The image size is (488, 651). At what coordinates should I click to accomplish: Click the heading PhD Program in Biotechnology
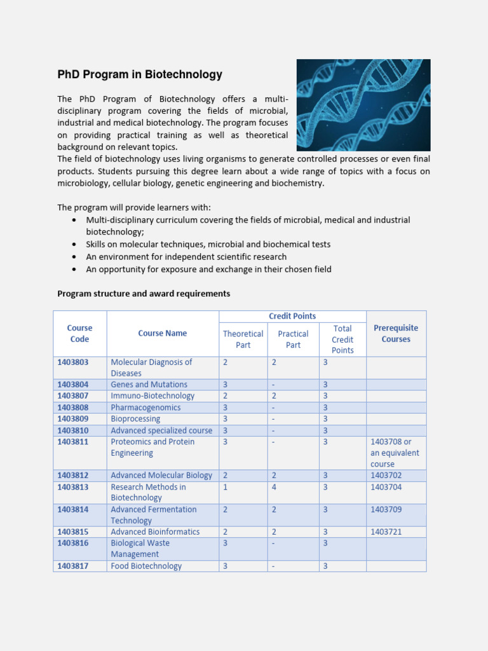coord(140,74)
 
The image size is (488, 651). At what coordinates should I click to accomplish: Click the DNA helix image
coord(363,105)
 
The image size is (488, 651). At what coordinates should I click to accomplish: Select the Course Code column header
coord(79,333)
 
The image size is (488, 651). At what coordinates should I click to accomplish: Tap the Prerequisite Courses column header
coord(396,333)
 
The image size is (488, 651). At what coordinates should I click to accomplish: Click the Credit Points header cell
coord(292,316)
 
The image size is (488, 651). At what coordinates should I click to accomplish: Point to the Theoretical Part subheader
coord(243,339)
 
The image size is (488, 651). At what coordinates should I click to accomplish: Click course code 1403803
coord(73,362)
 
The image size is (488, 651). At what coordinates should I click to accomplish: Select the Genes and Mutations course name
coord(149,385)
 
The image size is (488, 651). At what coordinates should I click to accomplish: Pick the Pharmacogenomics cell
coord(146,408)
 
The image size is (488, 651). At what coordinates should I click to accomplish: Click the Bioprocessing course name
coord(135,419)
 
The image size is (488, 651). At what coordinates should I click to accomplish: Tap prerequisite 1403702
coord(386,476)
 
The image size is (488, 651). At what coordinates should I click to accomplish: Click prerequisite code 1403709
coord(386,509)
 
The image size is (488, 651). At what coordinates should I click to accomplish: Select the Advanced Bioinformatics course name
coord(155,531)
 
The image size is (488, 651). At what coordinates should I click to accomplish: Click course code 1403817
coord(73,566)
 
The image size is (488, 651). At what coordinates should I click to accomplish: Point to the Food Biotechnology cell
coord(146,566)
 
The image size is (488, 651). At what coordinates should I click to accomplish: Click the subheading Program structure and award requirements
coord(144,294)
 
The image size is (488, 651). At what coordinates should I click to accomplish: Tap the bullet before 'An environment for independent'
coord(74,257)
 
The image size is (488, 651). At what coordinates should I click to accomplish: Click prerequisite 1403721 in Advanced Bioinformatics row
coord(386,531)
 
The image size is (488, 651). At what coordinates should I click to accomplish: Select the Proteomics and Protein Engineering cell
coord(152,448)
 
